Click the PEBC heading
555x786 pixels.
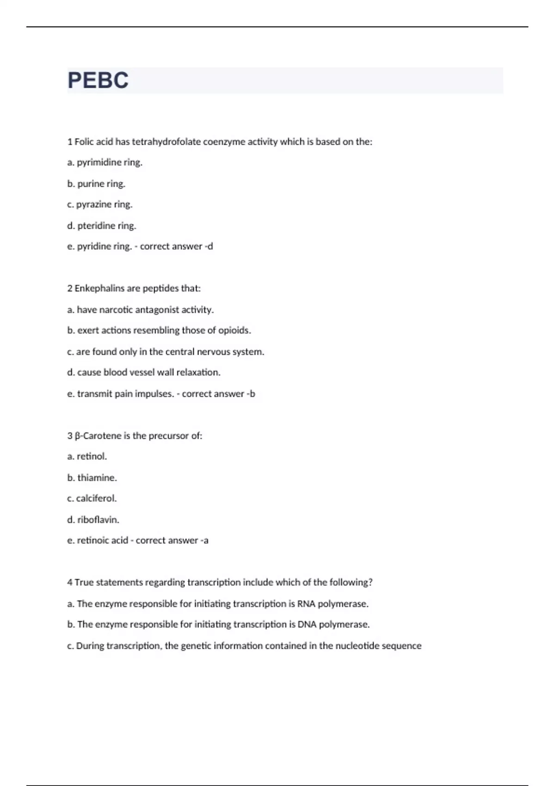click(98, 80)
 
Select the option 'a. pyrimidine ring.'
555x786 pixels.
click(105, 162)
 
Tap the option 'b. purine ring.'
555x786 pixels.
click(96, 184)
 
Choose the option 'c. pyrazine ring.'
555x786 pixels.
click(100, 204)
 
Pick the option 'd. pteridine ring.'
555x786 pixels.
click(102, 226)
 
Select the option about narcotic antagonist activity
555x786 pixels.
click(141, 310)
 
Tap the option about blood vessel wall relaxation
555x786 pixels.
click(144, 372)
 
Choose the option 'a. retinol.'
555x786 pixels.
click(87, 456)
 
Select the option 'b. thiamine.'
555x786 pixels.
click(92, 478)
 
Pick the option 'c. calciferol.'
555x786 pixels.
click(92, 498)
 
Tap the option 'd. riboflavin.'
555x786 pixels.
click(93, 520)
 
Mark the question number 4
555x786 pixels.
click(70, 583)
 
